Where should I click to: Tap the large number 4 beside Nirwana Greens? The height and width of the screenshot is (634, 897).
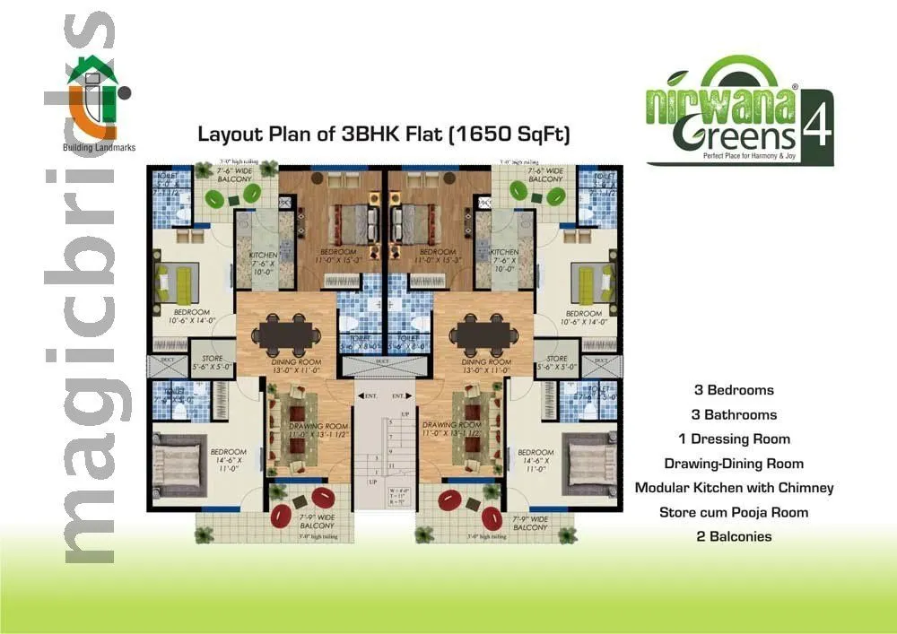pyautogui.click(x=817, y=126)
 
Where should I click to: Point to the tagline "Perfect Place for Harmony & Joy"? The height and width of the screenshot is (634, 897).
pyautogui.click(x=740, y=158)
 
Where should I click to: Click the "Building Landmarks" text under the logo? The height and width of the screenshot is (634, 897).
pyautogui.click(x=99, y=148)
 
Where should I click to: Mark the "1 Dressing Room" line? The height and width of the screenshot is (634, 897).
pyautogui.click(x=735, y=439)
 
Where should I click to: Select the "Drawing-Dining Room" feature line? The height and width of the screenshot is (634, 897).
pyautogui.click(x=734, y=464)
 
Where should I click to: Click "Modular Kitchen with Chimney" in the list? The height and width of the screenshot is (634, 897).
pyautogui.click(x=734, y=488)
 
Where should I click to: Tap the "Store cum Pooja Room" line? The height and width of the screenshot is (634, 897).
pyautogui.click(x=734, y=512)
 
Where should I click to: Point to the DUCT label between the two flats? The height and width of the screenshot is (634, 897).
pyautogui.click(x=382, y=361)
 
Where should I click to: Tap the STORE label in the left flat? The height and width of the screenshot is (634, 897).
pyautogui.click(x=213, y=359)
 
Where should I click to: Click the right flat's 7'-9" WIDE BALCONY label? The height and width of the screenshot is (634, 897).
pyautogui.click(x=530, y=524)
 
